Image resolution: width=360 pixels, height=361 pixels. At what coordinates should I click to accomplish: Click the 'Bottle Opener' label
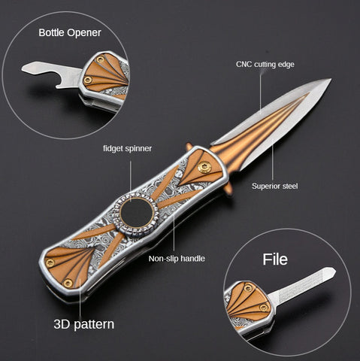70,32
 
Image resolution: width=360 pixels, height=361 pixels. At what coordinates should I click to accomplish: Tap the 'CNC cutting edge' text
265,65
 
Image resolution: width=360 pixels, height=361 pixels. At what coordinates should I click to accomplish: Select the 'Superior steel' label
275,186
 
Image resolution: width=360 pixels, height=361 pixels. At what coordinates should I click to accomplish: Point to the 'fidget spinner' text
127,148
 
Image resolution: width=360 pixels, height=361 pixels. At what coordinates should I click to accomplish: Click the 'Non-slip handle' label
177,259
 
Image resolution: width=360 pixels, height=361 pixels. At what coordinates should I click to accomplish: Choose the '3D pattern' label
84,324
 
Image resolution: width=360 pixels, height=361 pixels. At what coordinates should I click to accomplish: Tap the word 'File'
275,259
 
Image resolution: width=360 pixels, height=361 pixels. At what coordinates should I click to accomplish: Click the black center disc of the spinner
137,213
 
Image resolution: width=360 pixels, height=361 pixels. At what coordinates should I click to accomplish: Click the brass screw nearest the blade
204,168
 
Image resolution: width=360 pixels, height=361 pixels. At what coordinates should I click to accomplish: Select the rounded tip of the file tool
332,272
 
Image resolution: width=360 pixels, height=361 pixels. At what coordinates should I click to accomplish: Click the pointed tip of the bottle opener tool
24,68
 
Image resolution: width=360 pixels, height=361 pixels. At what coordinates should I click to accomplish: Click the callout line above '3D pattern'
80,298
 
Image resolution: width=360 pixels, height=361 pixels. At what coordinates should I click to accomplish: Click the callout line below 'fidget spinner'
131,180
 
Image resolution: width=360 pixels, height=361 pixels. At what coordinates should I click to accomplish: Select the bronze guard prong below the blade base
228,188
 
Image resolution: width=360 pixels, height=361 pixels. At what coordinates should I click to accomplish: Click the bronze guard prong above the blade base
189,147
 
